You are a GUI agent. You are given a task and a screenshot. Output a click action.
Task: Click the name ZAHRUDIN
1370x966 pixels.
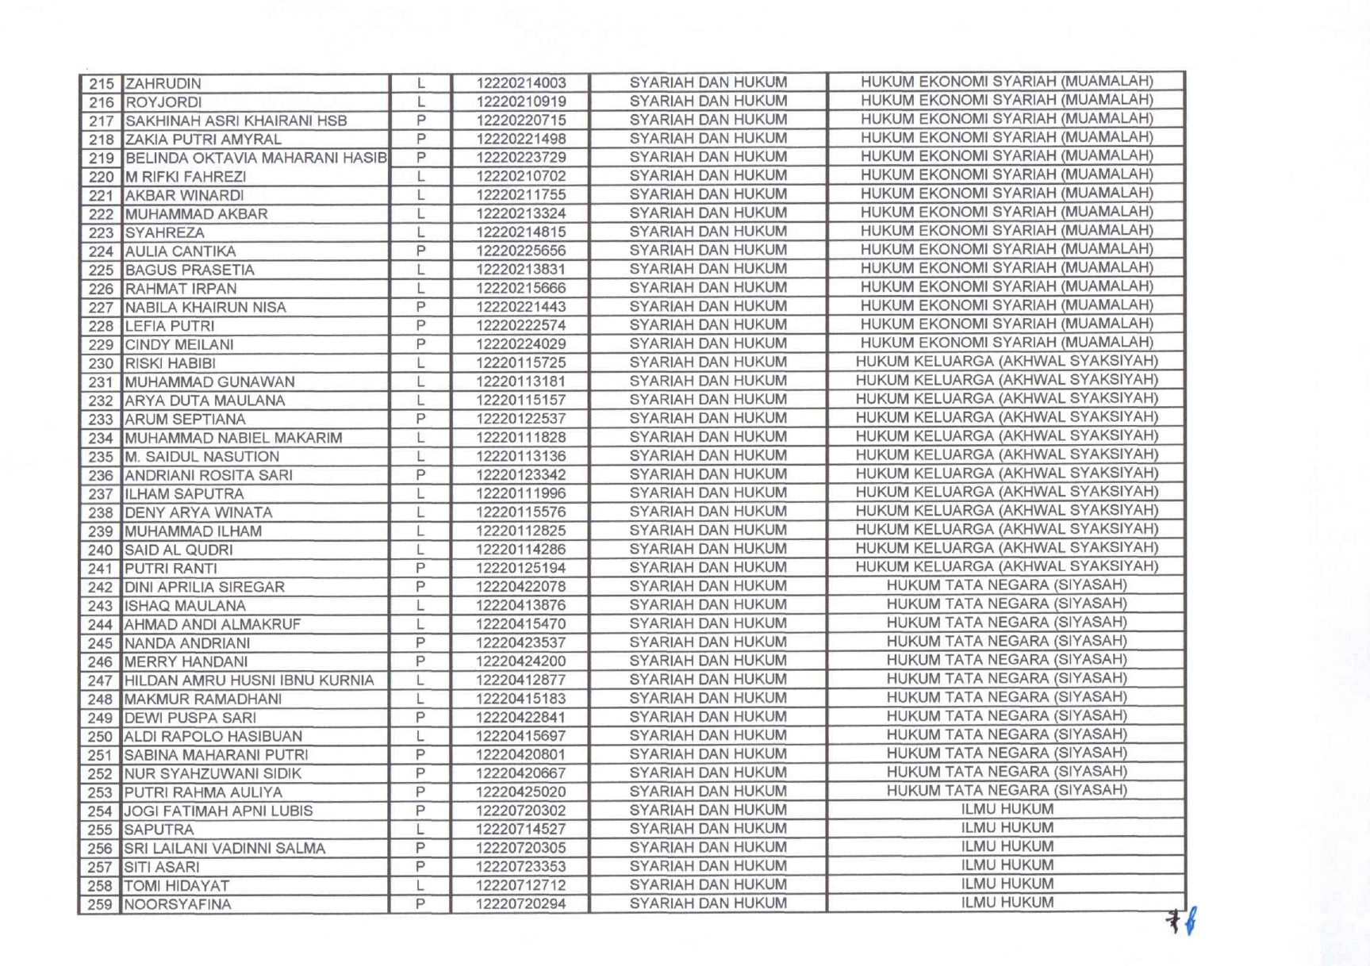coord(163,83)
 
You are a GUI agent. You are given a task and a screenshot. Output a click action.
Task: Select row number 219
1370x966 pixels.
coord(101,158)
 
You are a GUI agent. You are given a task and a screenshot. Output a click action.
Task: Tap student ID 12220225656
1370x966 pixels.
coord(520,251)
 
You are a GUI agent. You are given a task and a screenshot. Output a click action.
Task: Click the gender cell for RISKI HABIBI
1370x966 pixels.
coord(420,363)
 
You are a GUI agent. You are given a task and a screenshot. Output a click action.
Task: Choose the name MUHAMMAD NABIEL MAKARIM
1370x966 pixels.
coord(233,438)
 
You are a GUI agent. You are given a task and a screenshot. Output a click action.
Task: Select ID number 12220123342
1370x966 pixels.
coord(520,475)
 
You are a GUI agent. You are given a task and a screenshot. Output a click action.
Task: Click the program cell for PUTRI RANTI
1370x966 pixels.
coord(1006,566)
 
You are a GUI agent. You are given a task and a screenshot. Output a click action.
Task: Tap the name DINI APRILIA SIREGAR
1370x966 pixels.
coord(204,587)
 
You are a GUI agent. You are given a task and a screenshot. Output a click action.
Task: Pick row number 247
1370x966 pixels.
coord(101,680)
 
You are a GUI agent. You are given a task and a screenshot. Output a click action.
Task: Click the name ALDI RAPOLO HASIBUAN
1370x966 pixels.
coord(213,736)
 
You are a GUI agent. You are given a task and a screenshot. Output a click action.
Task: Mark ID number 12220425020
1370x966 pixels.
coord(520,792)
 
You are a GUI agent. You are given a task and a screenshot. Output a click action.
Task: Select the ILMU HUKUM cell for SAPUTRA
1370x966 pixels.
coord(1007,828)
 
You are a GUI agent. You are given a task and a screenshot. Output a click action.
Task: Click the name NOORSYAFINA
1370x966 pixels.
coord(178,904)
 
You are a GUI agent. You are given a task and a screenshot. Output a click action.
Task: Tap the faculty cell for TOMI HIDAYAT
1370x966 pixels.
coord(708,884)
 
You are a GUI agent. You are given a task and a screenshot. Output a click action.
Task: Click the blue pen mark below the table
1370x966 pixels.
coord(1191,922)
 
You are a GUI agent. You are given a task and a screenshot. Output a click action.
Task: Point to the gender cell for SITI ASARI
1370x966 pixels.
coord(420,867)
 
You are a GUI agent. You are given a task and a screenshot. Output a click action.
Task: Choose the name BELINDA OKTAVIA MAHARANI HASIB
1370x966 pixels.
coord(256,158)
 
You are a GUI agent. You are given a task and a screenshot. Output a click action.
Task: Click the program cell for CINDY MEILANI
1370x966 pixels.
coord(1006,343)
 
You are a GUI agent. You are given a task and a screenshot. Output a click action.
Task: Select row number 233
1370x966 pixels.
coord(101,420)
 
